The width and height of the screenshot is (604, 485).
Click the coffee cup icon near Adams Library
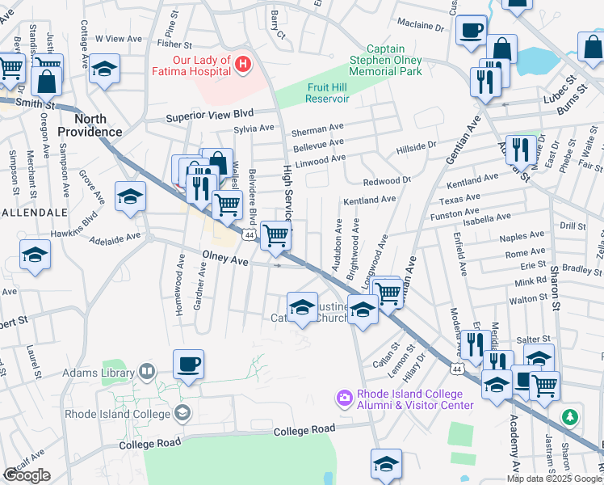(x=188, y=364)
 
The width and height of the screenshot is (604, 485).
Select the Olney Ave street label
(x=224, y=259)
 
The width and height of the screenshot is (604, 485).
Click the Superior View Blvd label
(x=210, y=116)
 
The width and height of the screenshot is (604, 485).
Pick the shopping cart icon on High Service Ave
(x=276, y=235)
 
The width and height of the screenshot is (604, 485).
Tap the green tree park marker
(x=571, y=417)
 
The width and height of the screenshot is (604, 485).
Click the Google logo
(x=27, y=475)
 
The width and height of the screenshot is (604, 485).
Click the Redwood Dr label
(x=388, y=181)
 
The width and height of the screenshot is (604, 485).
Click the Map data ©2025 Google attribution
(x=553, y=479)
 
